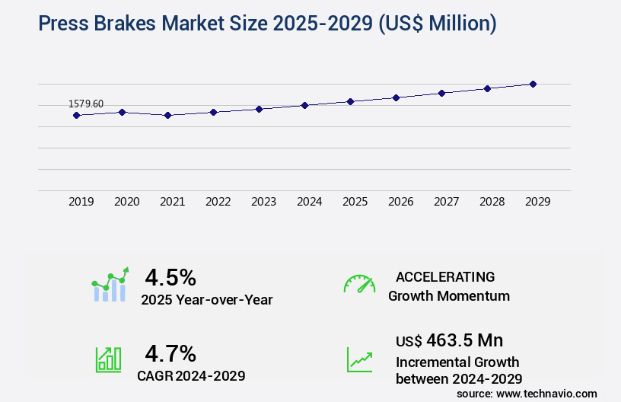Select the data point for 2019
pyautogui.click(x=76, y=116)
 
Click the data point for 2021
pyautogui.click(x=167, y=116)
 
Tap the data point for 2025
pyautogui.click(x=350, y=101)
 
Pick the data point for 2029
pyautogui.click(x=533, y=84)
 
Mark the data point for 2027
pyautogui.click(x=441, y=93)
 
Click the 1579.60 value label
pyautogui.click(x=86, y=104)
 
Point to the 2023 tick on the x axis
pyautogui.click(x=263, y=202)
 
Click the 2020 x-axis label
pyautogui.click(x=126, y=202)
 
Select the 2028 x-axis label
pyautogui.click(x=492, y=202)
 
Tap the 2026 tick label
pyautogui.click(x=400, y=202)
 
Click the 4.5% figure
pyautogui.click(x=170, y=277)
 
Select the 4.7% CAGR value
pyautogui.click(x=170, y=353)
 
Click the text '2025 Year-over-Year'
pyautogui.click(x=206, y=300)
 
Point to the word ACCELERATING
pyautogui.click(x=445, y=277)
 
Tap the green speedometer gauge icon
pyautogui.click(x=359, y=284)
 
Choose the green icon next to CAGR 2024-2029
pyautogui.click(x=108, y=359)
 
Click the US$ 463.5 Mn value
pyautogui.click(x=449, y=340)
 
